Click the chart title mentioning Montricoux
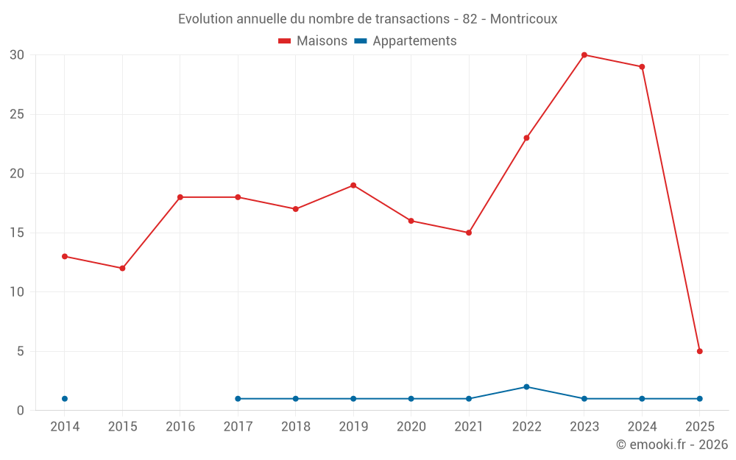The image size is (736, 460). [x=367, y=19]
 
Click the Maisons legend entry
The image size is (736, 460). [x=313, y=41]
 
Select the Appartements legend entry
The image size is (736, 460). [x=406, y=41]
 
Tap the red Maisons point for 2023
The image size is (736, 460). [x=584, y=55]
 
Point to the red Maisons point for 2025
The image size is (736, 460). [x=699, y=351]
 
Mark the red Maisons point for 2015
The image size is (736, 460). [x=122, y=268]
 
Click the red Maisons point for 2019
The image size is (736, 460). [x=353, y=185]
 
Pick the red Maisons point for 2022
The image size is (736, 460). [x=526, y=138]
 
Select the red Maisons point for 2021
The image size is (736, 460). [x=469, y=233]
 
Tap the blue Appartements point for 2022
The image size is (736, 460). [x=526, y=387]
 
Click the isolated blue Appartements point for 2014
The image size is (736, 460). [x=65, y=399]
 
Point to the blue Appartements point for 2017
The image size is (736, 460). [x=238, y=399]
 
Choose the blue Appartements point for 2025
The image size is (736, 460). [x=699, y=399]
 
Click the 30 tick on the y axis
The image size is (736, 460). [x=17, y=55]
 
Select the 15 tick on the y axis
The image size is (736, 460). [x=17, y=233]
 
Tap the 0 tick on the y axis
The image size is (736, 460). [x=21, y=411]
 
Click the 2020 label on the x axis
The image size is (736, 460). [x=411, y=427]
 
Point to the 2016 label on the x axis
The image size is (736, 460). [x=180, y=427]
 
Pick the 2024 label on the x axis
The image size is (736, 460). [x=642, y=427]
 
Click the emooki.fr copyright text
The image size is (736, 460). [x=672, y=445]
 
